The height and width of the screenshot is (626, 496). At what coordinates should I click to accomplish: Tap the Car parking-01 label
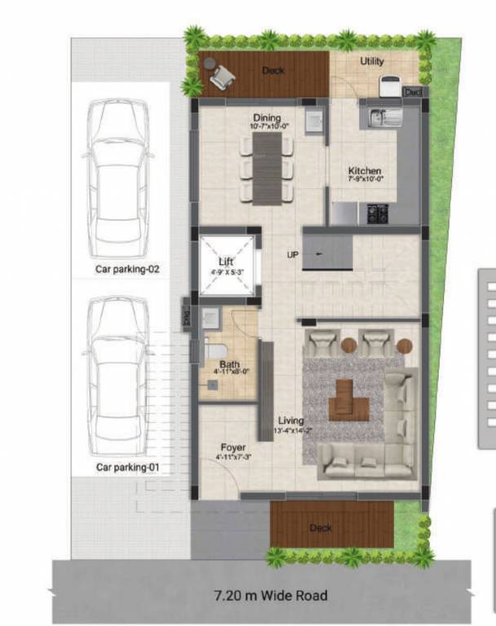tap(126, 467)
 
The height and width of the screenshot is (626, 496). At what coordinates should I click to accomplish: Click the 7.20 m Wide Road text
tap(270, 596)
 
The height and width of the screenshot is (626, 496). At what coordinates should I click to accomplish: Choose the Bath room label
tap(230, 367)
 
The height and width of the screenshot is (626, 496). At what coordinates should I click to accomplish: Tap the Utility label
tap(372, 61)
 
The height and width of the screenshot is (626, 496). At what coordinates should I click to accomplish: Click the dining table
tap(267, 167)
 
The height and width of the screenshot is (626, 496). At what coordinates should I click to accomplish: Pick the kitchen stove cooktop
tap(377, 214)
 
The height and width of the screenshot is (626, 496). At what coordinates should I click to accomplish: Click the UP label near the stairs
tap(292, 255)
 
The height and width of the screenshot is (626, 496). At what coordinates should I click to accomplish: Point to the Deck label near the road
tap(321, 528)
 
